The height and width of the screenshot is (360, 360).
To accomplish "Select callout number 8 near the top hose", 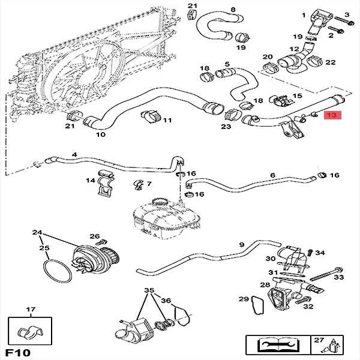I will pyautogui.click(x=216, y=10).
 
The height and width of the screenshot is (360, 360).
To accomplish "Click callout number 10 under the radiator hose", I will pyautogui.click(x=100, y=134).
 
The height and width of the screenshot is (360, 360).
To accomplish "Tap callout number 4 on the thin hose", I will pyautogui.click(x=74, y=155).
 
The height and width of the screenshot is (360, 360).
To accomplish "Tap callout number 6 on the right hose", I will pyautogui.click(x=272, y=175).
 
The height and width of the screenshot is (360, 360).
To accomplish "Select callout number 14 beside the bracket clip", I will pyautogui.click(x=91, y=180).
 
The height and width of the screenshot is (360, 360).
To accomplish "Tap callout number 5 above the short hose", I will pyautogui.click(x=227, y=64).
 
